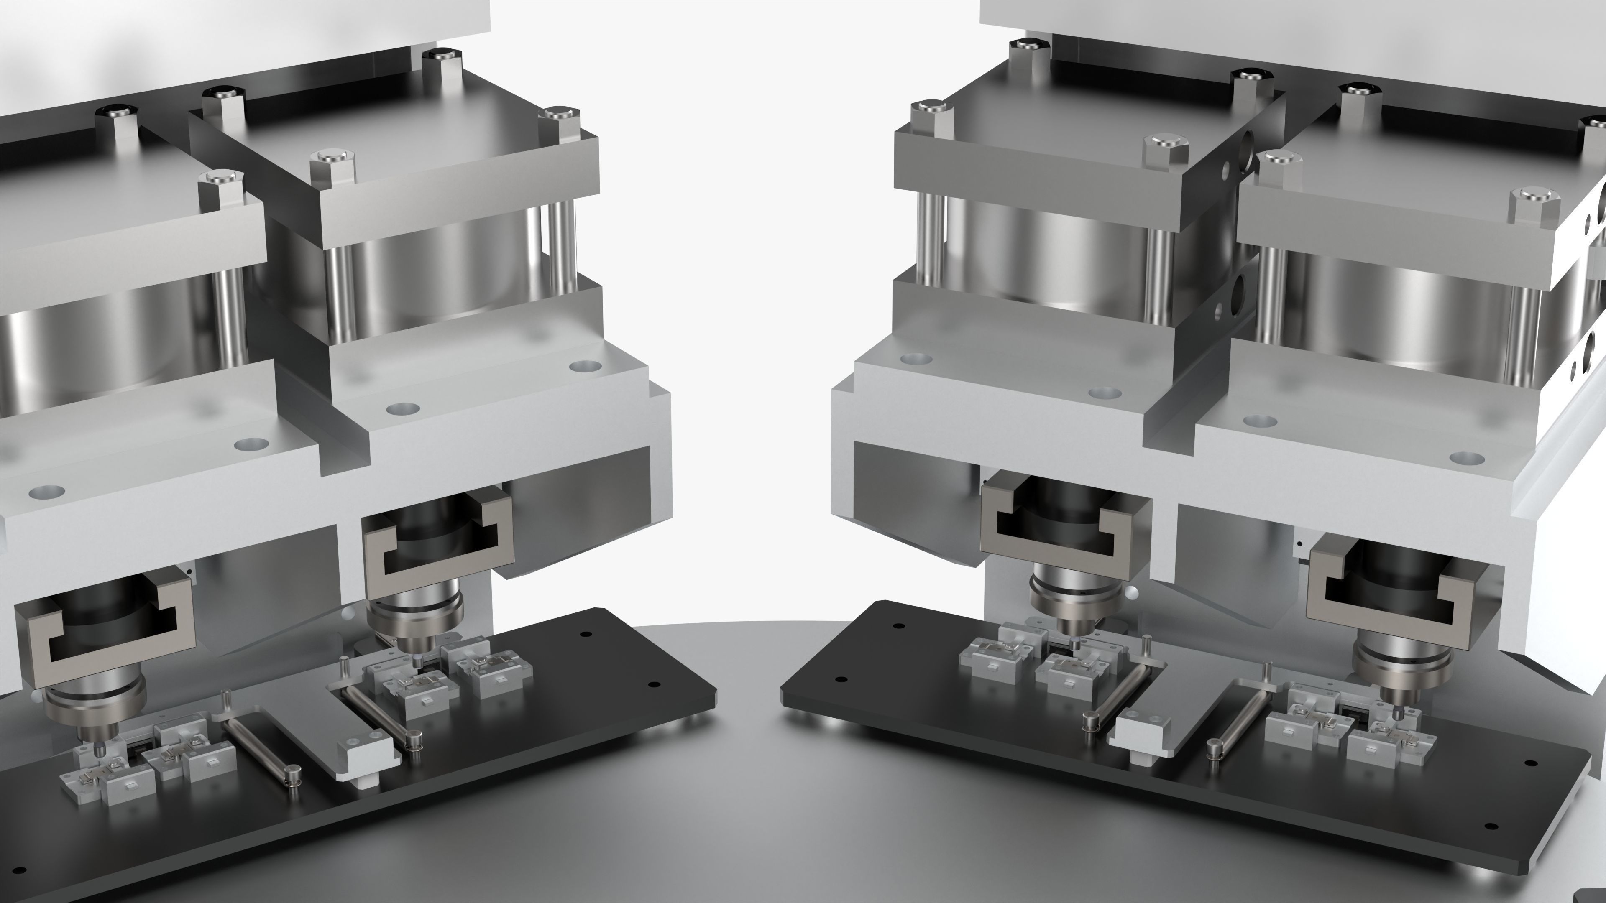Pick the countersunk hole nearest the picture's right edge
(1466, 459)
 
